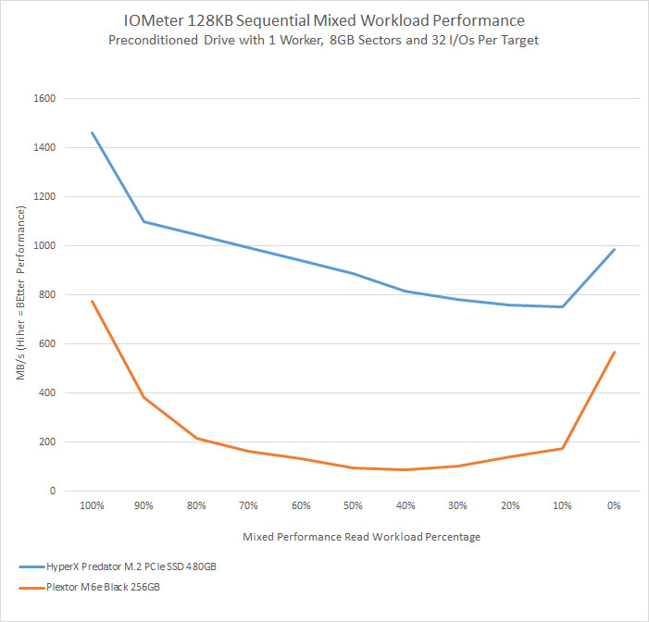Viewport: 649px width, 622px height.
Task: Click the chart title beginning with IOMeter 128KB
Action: click(x=323, y=19)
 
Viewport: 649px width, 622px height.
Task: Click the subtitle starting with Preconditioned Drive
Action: click(x=323, y=41)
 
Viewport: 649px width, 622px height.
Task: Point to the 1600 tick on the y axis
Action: click(x=44, y=99)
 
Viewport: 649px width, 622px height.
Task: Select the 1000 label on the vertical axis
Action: click(x=44, y=246)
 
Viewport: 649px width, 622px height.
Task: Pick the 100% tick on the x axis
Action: click(x=92, y=507)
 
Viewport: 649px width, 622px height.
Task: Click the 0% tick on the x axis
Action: click(x=614, y=507)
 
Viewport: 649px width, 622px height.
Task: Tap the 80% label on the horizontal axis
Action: click(x=196, y=507)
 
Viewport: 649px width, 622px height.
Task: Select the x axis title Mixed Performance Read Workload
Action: click(x=361, y=537)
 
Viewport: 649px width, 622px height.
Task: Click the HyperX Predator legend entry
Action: click(x=126, y=566)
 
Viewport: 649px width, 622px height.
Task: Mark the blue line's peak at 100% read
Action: click(x=92, y=132)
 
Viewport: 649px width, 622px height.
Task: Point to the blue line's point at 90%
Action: click(x=144, y=222)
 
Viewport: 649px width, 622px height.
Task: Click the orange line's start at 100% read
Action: click(x=92, y=301)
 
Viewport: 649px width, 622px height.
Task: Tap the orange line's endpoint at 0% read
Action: click(x=614, y=353)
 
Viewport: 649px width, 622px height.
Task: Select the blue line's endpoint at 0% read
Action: click(x=614, y=249)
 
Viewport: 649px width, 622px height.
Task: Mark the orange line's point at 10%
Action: click(x=562, y=449)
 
